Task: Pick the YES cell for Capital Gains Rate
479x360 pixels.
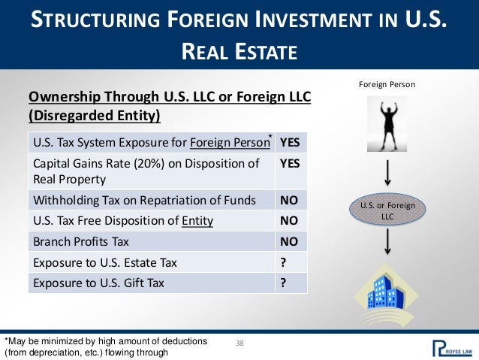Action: (288, 162)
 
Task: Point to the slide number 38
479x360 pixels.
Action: (239, 343)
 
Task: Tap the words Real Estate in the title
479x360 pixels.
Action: (239, 52)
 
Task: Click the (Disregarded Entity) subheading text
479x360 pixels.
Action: (95, 116)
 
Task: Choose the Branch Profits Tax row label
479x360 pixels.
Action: (81, 243)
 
